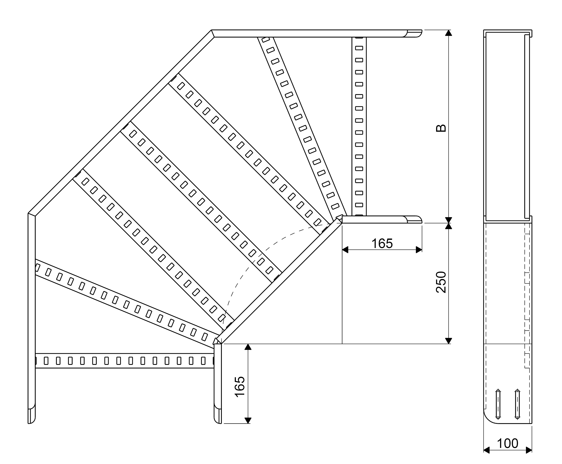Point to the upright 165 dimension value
382,243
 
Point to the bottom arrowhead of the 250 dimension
449,341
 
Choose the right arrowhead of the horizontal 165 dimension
419,250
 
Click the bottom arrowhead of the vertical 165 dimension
248,420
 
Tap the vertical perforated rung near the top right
359,126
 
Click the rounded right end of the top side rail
415,33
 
